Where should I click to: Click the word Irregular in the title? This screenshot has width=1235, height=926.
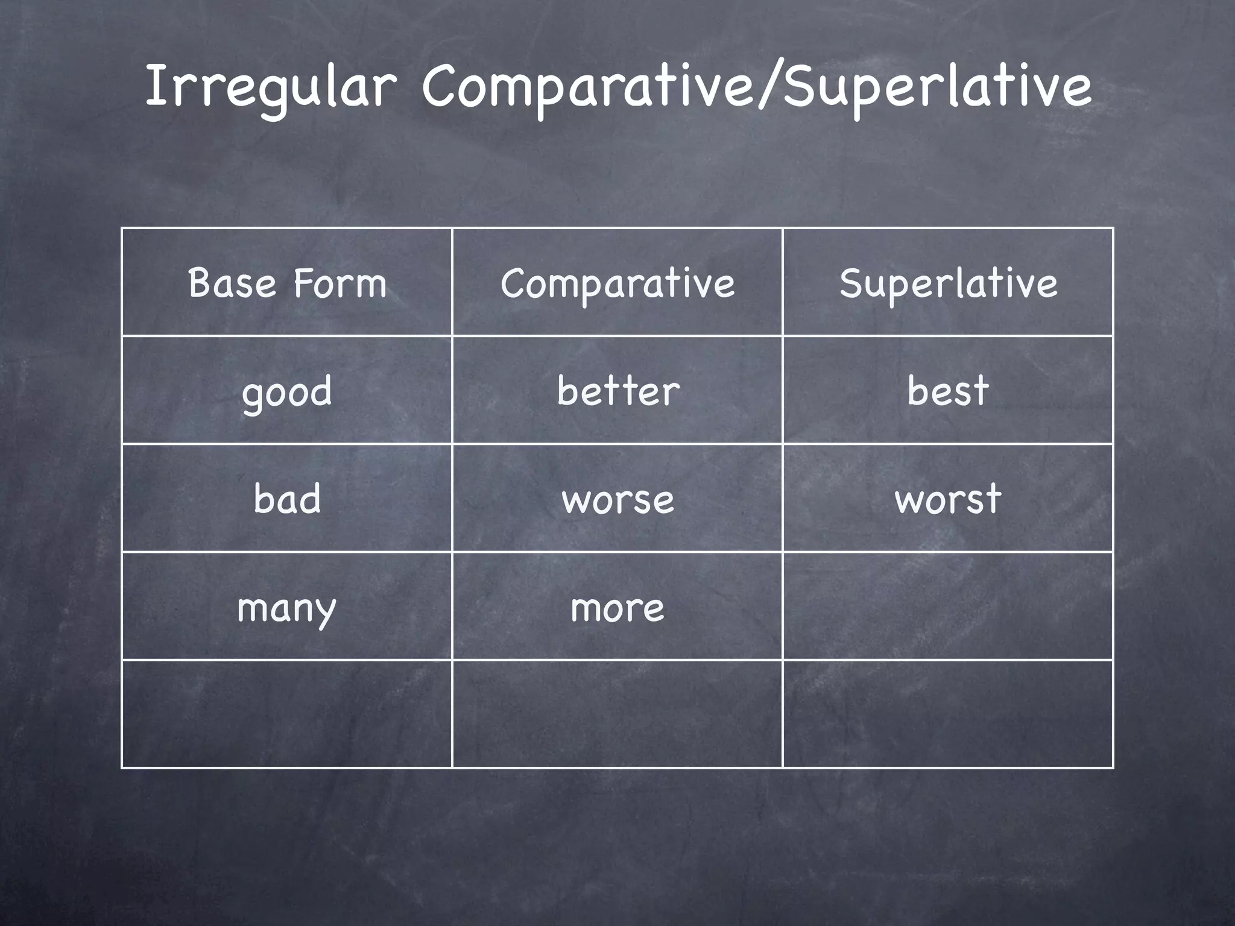coord(270,87)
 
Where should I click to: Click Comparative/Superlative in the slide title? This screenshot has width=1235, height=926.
coord(757,87)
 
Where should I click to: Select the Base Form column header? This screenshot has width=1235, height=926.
coord(287,283)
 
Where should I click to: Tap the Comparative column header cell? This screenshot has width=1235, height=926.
coord(617,283)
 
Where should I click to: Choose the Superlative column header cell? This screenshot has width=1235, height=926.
coord(948,283)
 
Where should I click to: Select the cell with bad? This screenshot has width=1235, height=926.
coord(287,499)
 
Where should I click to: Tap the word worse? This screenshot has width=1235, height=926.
coord(617,500)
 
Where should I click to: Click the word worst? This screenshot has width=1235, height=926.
coord(948,499)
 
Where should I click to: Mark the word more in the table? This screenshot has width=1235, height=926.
coord(617,608)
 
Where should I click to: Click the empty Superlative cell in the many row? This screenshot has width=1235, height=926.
coord(948,606)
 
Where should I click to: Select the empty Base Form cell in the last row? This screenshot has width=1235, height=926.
coord(287,714)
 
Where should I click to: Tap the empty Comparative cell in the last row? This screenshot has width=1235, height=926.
coord(617,714)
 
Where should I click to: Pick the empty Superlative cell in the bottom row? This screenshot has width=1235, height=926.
coord(948,714)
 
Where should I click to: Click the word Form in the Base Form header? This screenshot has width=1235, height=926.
coord(340,283)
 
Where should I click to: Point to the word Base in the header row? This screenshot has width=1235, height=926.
coord(232,283)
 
